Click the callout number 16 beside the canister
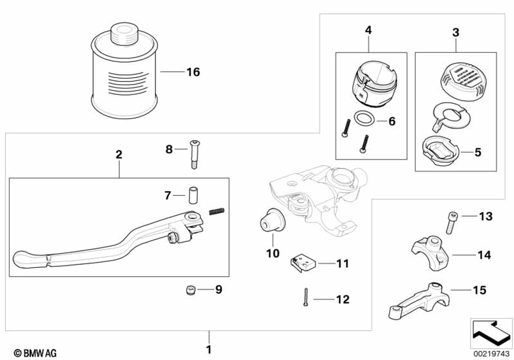193,72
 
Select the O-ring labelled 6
365,119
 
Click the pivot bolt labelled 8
195,153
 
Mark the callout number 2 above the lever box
119,154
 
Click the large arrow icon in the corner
489,332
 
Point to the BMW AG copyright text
35,353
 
